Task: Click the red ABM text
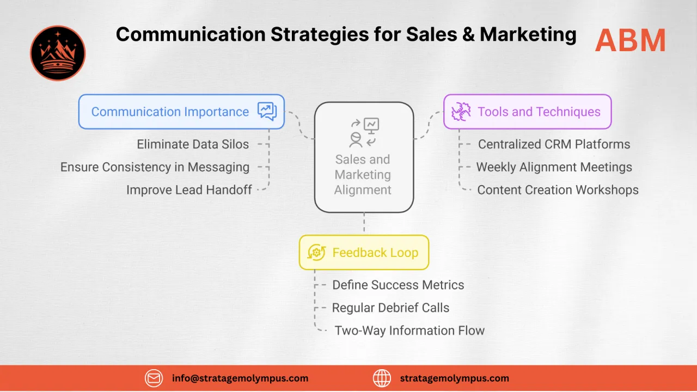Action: pos(630,40)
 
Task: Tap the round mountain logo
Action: pos(58,53)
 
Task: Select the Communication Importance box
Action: pos(181,112)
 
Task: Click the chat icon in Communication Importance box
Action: pos(267,112)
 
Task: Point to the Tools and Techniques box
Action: pos(527,112)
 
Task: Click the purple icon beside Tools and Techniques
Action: pos(461,112)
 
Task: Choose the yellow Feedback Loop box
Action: pos(364,253)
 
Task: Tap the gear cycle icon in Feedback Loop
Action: pos(316,253)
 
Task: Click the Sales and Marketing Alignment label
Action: pos(363,174)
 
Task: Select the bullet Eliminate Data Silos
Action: pos(193,144)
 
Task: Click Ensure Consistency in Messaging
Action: pos(155,167)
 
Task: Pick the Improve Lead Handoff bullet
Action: pos(189,190)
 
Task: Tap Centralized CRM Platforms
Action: pos(554,144)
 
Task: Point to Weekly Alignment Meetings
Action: pos(554,167)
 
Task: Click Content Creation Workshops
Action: pos(558,190)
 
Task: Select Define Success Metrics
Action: pos(398,285)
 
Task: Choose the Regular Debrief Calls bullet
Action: pos(390,308)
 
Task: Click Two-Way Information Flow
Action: pos(409,330)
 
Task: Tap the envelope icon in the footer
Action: pos(154,378)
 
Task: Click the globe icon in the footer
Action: pos(382,378)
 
